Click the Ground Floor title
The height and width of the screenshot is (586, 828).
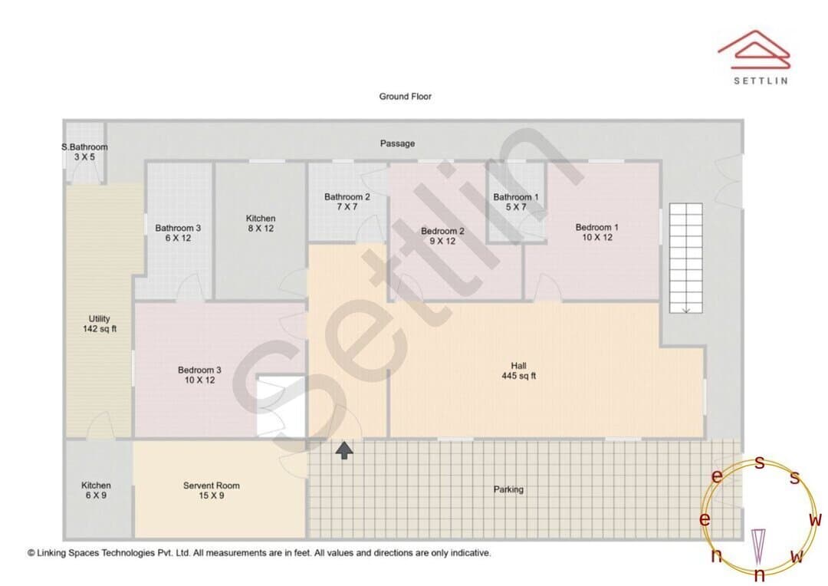[405, 96]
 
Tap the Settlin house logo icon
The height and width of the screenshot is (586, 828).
[754, 49]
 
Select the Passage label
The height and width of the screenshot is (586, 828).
[397, 143]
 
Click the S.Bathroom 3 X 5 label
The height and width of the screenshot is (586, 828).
[84, 152]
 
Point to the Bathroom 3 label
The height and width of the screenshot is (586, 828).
[178, 233]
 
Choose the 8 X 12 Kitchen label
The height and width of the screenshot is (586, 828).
[261, 223]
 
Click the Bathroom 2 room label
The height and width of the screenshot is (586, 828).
[347, 201]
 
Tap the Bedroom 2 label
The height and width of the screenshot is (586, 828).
[442, 235]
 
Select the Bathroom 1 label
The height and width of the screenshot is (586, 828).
[516, 202]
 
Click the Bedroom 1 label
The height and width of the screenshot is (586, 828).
[596, 232]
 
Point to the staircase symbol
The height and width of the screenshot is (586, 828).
[686, 258]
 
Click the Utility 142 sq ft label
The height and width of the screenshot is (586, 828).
[99, 324]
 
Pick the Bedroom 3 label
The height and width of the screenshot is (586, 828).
[199, 374]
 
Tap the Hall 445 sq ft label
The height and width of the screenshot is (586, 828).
[518, 370]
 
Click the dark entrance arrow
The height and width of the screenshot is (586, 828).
[344, 451]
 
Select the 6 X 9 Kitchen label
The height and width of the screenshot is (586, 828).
[96, 490]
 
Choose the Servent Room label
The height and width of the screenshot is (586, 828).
[212, 490]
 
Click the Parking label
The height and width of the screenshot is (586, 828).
[508, 489]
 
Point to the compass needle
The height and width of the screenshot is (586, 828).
[758, 547]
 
